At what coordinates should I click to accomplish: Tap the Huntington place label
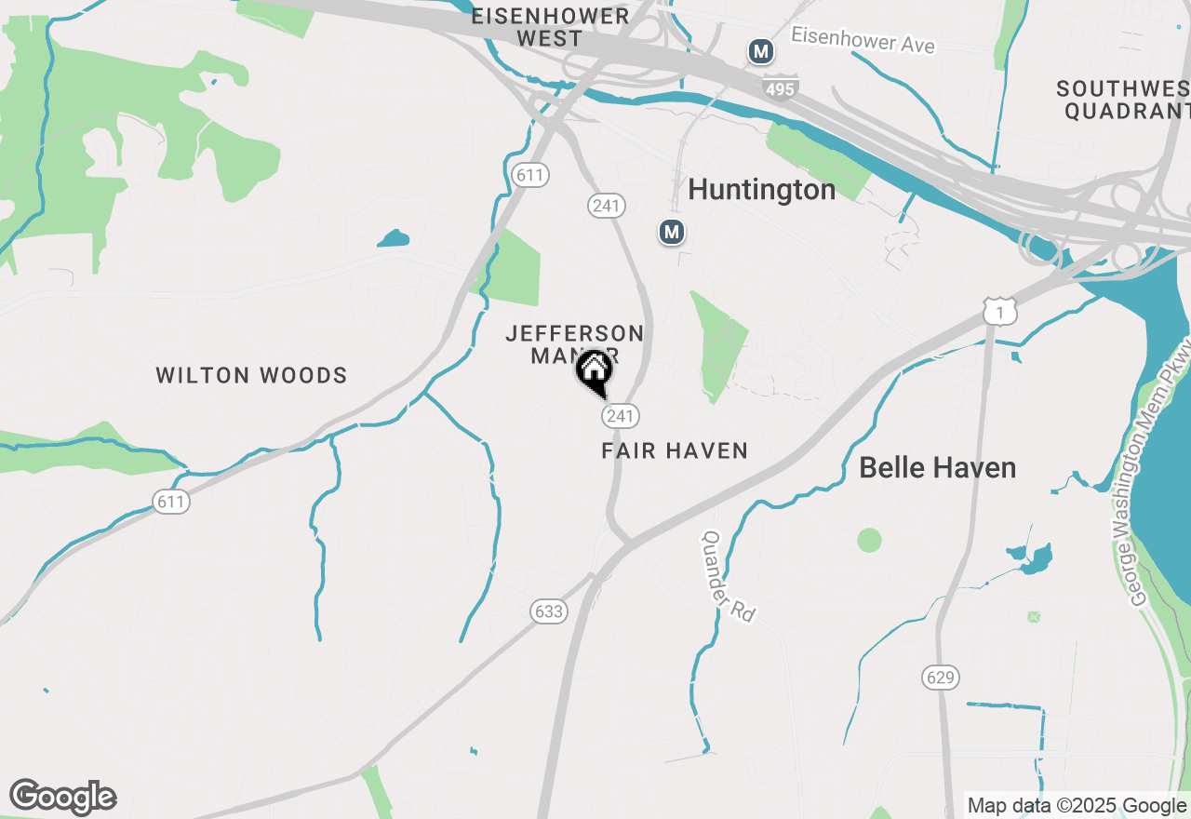[761, 190]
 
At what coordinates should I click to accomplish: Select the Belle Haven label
[937, 467]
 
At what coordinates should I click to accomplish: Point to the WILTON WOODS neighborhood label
[251, 376]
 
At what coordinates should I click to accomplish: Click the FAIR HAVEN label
[675, 451]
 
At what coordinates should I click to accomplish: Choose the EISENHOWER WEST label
[550, 28]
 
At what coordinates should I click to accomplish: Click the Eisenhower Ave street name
[863, 40]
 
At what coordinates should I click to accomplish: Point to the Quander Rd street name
[729, 577]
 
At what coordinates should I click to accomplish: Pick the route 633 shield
[549, 611]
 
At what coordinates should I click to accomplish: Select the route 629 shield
[941, 678]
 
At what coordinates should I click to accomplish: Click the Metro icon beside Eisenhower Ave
[761, 52]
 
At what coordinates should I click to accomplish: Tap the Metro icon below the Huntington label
[672, 232]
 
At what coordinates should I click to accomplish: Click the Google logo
[62, 798]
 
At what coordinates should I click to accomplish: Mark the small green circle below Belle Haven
[869, 540]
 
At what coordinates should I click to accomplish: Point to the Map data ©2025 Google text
[1077, 806]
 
